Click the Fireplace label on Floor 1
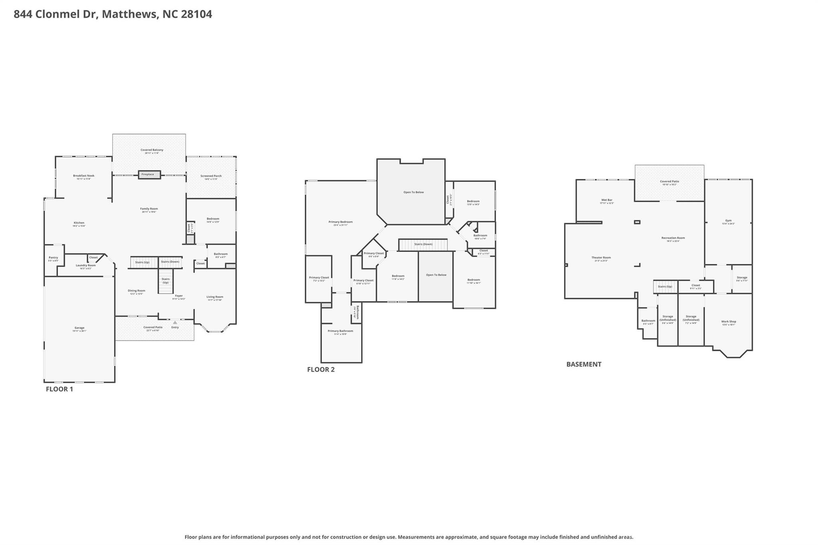(147, 174)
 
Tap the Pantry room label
(53, 258)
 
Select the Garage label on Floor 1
(79, 328)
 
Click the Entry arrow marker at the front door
(175, 322)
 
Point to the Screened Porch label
(211, 176)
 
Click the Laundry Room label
(85, 266)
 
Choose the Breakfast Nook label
(83, 176)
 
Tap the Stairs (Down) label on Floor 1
(170, 262)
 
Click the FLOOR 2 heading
(321, 369)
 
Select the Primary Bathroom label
(340, 331)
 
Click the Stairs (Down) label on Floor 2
(423, 244)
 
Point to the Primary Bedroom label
(340, 222)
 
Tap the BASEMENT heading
(584, 364)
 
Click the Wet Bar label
(606, 200)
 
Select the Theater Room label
(601, 258)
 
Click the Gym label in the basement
(728, 221)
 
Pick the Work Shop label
(728, 322)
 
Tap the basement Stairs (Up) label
(665, 287)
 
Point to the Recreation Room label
(673, 238)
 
